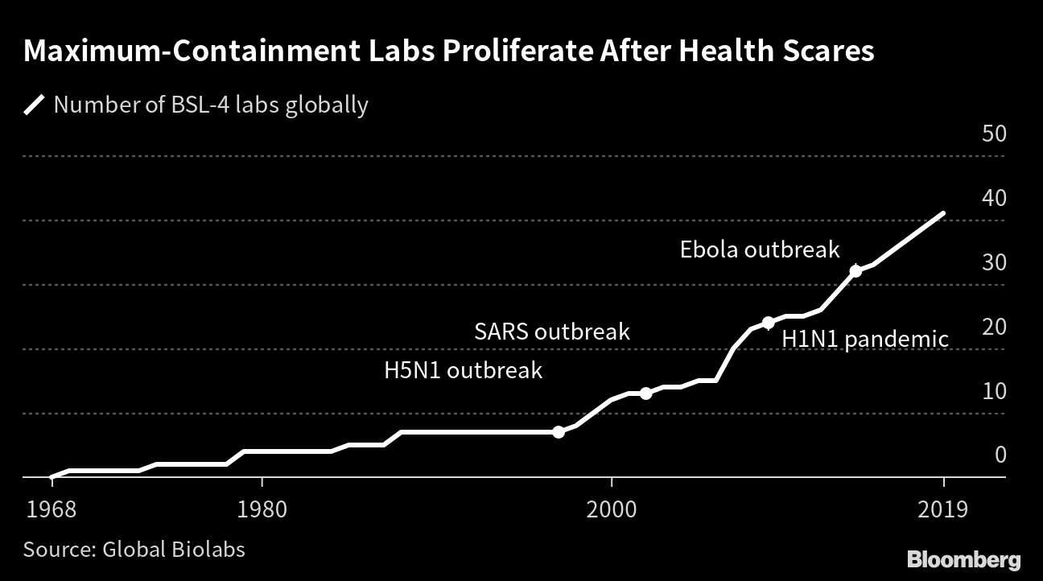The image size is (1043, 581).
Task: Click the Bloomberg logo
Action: [x=963, y=559]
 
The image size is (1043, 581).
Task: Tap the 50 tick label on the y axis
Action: [x=994, y=134]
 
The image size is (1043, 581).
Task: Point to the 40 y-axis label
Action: [x=994, y=198]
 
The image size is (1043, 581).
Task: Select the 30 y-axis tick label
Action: [x=994, y=262]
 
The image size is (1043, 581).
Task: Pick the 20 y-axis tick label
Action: [x=994, y=327]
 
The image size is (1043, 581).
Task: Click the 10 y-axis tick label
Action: [x=994, y=391]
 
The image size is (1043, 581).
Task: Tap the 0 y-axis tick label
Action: [x=1000, y=455]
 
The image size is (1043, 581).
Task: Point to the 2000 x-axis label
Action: [x=612, y=510]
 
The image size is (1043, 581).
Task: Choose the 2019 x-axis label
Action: [x=942, y=510]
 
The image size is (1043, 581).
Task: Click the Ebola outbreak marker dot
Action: [x=855, y=271]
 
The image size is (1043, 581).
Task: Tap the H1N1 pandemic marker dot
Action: [x=768, y=323]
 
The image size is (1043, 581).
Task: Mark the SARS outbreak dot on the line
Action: [x=645, y=394]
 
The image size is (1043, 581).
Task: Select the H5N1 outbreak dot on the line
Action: [x=559, y=432]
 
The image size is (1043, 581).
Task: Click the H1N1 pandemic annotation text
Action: [x=865, y=340]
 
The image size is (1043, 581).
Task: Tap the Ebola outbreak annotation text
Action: [x=760, y=249]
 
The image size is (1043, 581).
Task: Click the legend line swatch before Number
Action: [x=35, y=105]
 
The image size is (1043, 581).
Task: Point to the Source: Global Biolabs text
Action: [x=134, y=550]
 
